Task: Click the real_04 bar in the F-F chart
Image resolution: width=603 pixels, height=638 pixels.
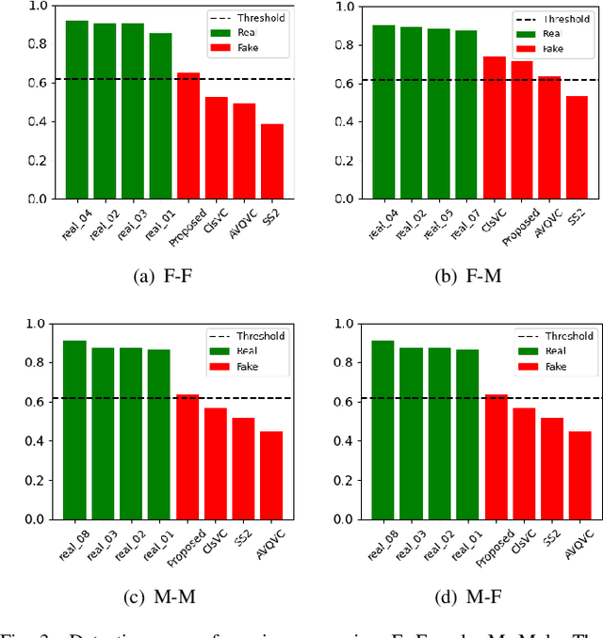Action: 77,110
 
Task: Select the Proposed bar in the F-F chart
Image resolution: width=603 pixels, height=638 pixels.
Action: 188,136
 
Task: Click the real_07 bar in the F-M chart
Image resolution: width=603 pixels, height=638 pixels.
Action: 466,115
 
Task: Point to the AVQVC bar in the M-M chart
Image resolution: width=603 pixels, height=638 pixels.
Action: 271,475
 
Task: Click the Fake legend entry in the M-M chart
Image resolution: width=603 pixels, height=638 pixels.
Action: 247,366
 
